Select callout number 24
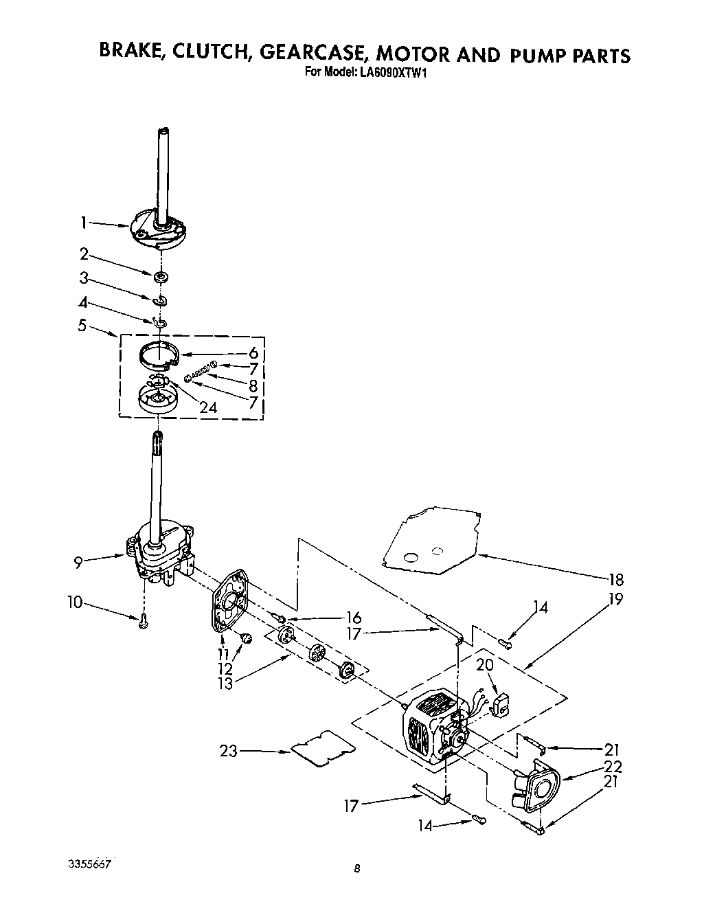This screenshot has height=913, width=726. click(x=208, y=407)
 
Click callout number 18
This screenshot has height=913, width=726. click(x=616, y=579)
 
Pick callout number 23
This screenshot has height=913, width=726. click(x=229, y=751)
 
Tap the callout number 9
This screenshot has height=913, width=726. click(x=79, y=563)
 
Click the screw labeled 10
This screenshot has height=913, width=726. click(x=143, y=622)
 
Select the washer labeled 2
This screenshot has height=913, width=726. click(x=161, y=277)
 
